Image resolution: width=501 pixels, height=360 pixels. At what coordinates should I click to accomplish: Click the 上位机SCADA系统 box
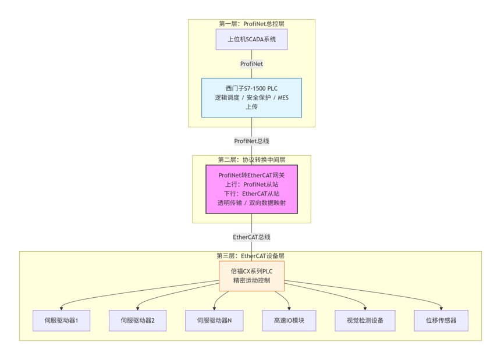tap(251, 40)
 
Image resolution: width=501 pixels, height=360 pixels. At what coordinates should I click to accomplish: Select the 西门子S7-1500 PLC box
tap(251, 98)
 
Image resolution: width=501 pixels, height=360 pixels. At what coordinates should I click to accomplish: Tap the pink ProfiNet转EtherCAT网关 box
tap(251, 189)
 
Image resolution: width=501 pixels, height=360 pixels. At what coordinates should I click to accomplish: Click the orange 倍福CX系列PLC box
tap(251, 276)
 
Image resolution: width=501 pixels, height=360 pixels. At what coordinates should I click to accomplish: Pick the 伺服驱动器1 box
tap(61, 320)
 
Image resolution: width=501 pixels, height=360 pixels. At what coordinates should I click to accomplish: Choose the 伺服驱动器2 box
tap(138, 320)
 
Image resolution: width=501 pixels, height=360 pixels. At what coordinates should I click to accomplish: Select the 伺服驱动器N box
tap(214, 320)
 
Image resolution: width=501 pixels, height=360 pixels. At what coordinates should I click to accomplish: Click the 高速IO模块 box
tap(289, 320)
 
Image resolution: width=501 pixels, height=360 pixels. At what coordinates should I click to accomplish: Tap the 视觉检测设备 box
tap(365, 320)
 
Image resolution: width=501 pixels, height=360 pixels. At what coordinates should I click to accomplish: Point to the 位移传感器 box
tap(441, 320)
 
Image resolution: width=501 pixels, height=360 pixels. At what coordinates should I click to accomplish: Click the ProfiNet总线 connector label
tap(251, 141)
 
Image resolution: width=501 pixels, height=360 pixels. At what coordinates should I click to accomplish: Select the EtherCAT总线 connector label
tap(251, 237)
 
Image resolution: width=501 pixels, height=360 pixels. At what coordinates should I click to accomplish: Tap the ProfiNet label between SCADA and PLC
tap(251, 64)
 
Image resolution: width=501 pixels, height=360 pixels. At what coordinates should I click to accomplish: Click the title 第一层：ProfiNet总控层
tap(251, 24)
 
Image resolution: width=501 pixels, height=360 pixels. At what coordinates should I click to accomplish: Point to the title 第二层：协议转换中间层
tap(251, 160)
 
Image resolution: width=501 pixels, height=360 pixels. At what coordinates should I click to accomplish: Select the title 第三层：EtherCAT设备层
tap(250, 256)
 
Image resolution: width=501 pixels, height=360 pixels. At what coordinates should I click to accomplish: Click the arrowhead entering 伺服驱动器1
tap(61, 309)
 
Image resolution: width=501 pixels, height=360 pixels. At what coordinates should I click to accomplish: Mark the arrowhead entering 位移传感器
tap(441, 309)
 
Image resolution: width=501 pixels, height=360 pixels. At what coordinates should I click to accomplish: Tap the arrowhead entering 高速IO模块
tap(289, 309)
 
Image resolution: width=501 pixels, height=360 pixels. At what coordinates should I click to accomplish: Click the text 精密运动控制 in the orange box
tap(251, 280)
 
